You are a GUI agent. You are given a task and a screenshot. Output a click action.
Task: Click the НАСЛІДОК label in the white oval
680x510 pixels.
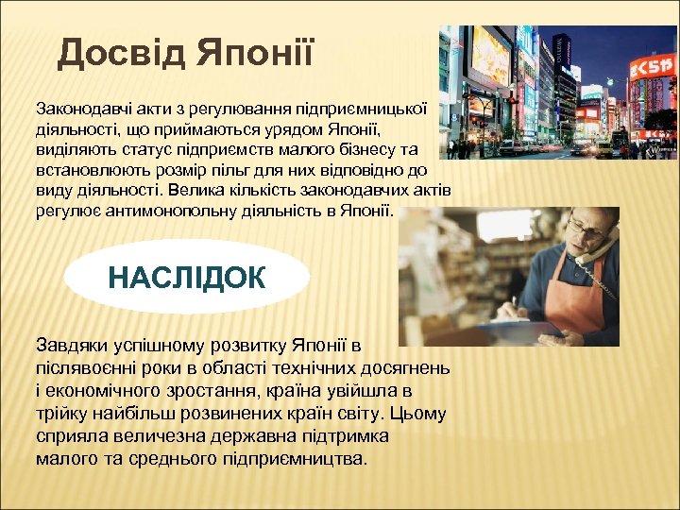pyautogui.click(x=187, y=277)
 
